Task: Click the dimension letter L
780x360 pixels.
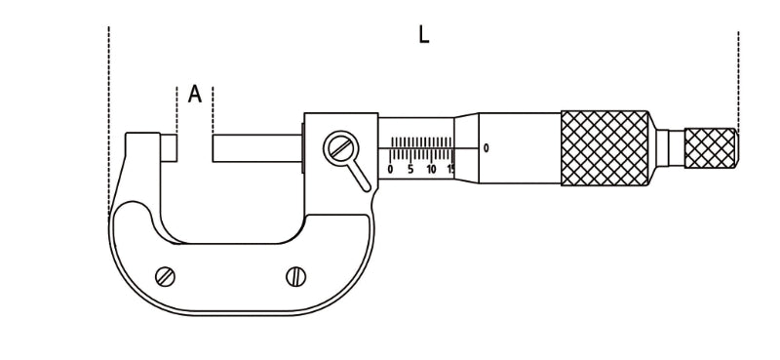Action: (423, 35)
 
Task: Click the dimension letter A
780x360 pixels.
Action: (195, 95)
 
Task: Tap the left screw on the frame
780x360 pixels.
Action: (166, 276)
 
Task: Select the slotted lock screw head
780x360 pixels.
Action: (340, 149)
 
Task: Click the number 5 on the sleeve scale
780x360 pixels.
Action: (410, 169)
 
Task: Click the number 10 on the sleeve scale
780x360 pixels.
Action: (431, 169)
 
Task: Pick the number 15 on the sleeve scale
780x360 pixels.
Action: (449, 169)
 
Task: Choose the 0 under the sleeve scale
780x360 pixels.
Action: (390, 169)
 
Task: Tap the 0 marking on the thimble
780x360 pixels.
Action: (486, 148)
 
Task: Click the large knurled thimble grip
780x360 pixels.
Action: (604, 147)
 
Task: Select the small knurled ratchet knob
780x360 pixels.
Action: (710, 147)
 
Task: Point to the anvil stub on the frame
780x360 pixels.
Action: (170, 148)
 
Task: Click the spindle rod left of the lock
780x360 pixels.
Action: (256, 148)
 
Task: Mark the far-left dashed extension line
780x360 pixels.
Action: (109, 117)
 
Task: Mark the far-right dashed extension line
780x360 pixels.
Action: (738, 78)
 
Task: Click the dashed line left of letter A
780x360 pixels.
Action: (175, 109)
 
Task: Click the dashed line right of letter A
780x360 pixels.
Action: (213, 109)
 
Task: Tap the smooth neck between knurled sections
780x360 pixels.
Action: (668, 147)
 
